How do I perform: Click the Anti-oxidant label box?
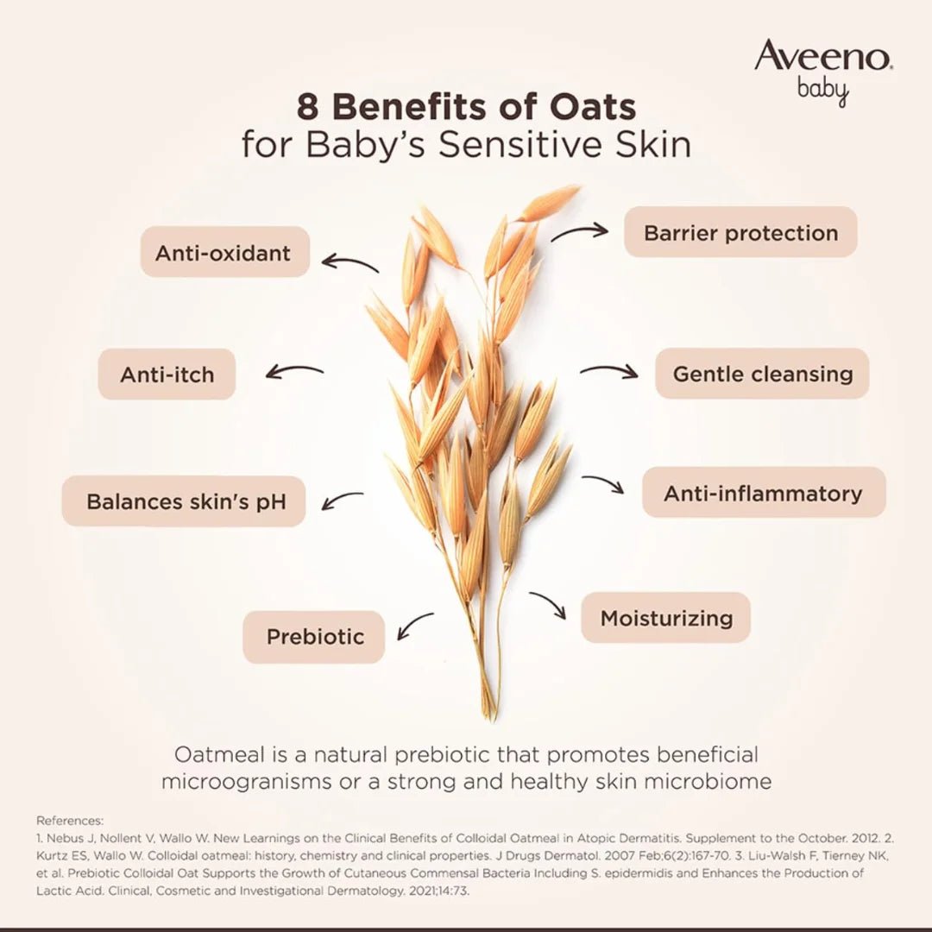(224, 252)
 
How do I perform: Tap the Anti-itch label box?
(167, 375)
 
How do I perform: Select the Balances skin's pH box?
(184, 501)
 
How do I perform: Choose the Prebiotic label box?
(314, 637)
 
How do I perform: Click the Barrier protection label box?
(740, 232)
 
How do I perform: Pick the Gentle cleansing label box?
(762, 374)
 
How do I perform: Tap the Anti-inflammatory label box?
(763, 493)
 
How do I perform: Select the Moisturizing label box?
(665, 618)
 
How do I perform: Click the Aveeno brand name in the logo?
(822, 57)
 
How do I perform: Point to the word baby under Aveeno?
(823, 90)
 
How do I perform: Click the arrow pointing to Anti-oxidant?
(349, 262)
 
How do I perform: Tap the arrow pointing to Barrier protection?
(580, 232)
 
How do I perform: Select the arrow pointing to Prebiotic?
(414, 626)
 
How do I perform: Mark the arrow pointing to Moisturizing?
(549, 604)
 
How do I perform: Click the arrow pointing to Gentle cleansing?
(608, 371)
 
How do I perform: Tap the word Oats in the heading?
(592, 108)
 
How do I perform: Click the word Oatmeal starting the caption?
(219, 754)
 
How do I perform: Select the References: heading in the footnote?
(69, 821)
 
